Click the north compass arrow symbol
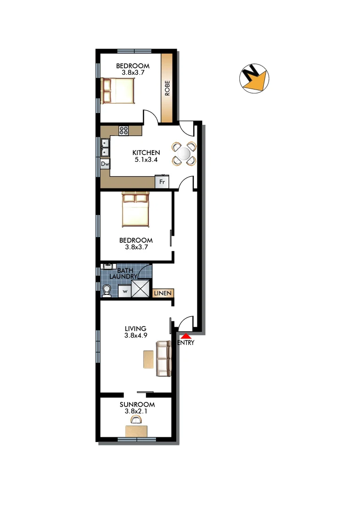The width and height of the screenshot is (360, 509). click(254, 78)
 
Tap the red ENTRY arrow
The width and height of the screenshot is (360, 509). click(186, 336)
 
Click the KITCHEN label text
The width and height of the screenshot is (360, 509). click(146, 153)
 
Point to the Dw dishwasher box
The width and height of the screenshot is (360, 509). click(105, 164)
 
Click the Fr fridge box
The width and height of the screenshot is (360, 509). click(162, 181)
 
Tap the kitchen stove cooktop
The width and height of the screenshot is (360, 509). click(124, 131)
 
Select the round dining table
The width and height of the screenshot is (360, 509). click(184, 153)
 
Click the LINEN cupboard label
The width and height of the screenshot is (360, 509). click(163, 293)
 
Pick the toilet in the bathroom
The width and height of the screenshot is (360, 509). click(106, 291)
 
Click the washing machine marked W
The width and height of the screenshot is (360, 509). click(124, 292)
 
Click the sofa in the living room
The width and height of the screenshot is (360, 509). click(163, 359)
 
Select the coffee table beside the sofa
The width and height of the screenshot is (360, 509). click(148, 360)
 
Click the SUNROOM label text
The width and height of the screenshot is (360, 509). click(137, 404)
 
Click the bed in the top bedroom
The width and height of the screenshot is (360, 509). click(119, 90)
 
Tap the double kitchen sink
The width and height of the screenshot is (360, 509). click(105, 147)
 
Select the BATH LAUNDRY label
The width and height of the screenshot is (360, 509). click(125, 273)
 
